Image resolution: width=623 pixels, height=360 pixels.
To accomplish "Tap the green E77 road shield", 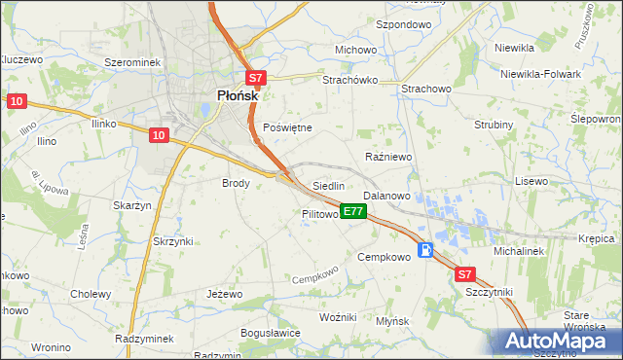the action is tap(353, 211).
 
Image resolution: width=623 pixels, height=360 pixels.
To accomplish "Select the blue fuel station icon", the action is tap(426, 250).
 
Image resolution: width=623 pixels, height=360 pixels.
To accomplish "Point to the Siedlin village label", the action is tap(328, 185).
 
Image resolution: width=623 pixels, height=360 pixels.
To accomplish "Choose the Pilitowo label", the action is tap(319, 213).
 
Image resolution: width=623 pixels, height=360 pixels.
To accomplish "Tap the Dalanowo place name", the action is tap(386, 196).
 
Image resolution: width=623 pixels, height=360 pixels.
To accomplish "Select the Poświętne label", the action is tap(288, 127).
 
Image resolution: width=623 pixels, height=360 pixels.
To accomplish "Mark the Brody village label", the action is tap(237, 182).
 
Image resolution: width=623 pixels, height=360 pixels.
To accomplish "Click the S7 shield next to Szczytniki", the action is tap(465, 275).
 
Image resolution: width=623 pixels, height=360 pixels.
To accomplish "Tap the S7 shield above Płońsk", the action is tap(254, 79).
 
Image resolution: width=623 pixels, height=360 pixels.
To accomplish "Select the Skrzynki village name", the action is tap(173, 240).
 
